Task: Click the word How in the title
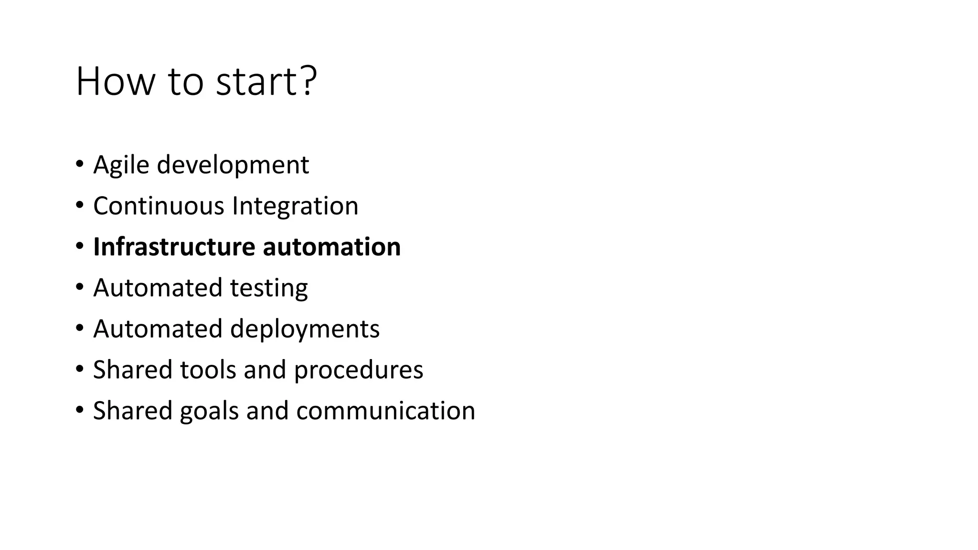[115, 82]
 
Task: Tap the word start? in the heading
[266, 82]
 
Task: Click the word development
[233, 165]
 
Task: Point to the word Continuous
[159, 206]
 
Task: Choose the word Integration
[295, 206]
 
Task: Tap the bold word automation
[331, 247]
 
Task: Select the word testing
[269, 288]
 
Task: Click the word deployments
[305, 329]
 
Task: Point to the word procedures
[358, 370]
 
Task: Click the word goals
[209, 412]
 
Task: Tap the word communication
[385, 411]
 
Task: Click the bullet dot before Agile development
[79, 165]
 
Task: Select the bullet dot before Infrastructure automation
[79, 247]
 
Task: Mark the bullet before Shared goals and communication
[79, 411]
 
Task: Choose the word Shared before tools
[132, 370]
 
